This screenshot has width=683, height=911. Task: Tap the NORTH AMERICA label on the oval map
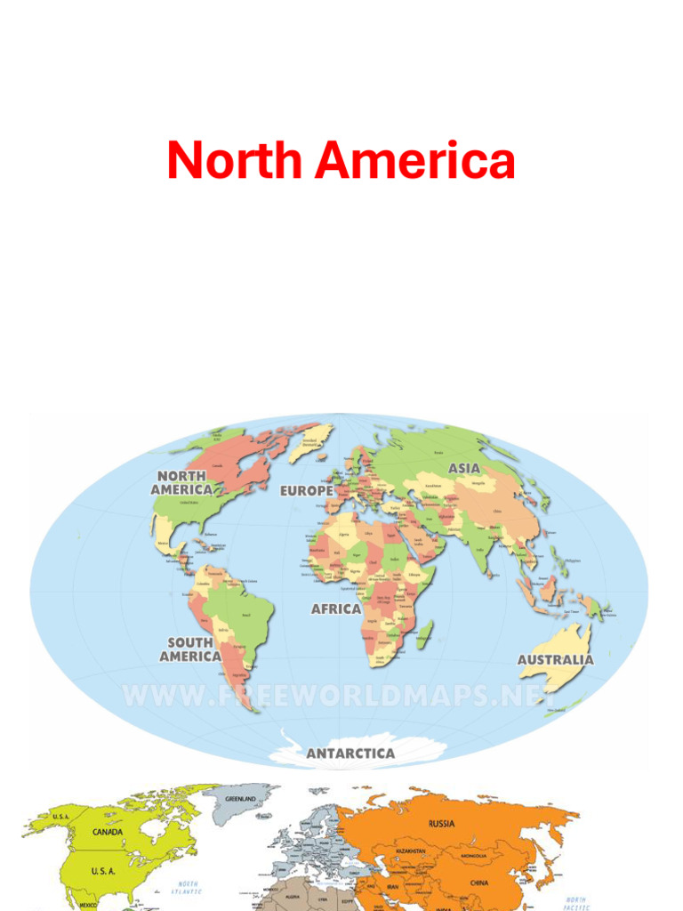pos(182,483)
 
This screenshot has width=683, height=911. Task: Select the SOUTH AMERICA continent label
pos(190,649)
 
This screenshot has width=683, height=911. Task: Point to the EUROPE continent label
pos(307,491)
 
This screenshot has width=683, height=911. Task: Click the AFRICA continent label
pos(336,609)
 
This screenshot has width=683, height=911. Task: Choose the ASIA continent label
pos(464,468)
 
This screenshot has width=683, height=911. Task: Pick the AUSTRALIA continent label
pos(556,660)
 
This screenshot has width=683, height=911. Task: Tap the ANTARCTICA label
pos(350,754)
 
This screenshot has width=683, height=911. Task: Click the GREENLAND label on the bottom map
pos(240,800)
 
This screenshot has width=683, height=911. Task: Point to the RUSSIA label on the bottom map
pos(442,824)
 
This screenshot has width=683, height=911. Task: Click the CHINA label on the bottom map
pos(479,883)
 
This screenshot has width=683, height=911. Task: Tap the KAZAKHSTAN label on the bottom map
pos(406,851)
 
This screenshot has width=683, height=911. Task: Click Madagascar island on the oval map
pos(426,633)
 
